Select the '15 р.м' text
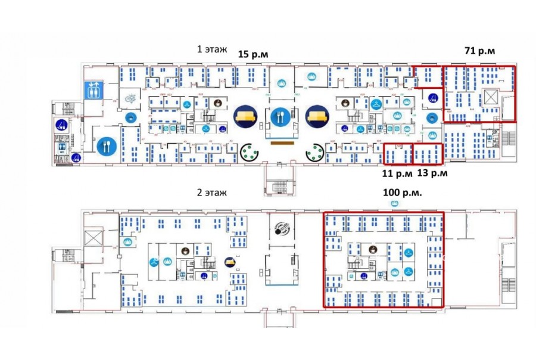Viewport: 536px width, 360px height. click(253, 54)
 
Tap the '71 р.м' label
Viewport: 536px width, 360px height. click(479, 51)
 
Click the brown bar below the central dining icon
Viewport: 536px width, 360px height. click(282, 142)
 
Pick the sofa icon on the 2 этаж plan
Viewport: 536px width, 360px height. click(229, 262)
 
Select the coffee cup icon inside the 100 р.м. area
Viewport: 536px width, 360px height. click(373, 250)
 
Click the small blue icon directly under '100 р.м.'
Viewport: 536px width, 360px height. click(395, 204)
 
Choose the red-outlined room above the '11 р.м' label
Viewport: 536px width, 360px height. click(397, 154)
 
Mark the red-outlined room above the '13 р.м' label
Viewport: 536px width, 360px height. click(428, 154)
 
